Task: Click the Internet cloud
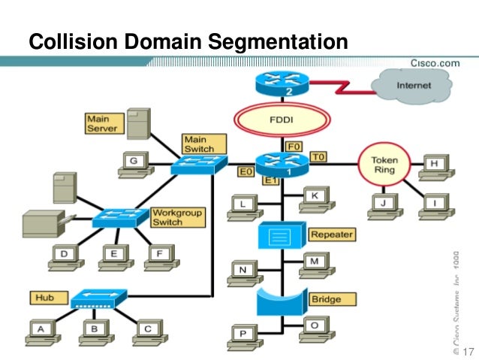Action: click(414, 86)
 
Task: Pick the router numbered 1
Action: click(283, 162)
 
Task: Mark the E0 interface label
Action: click(246, 173)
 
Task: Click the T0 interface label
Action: click(318, 157)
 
